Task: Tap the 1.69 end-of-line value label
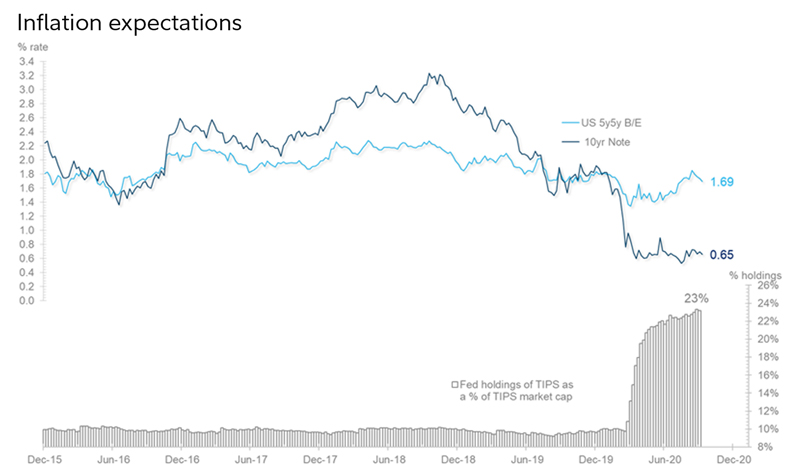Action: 722,181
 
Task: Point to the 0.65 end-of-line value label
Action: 722,254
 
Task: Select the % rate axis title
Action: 34,46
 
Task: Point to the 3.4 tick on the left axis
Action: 27,61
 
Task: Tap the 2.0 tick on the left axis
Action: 27,160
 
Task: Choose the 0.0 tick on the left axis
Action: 27,300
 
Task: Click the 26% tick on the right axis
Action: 765,286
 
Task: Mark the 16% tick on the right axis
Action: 765,375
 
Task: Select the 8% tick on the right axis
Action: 767,446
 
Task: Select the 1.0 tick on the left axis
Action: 27,230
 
